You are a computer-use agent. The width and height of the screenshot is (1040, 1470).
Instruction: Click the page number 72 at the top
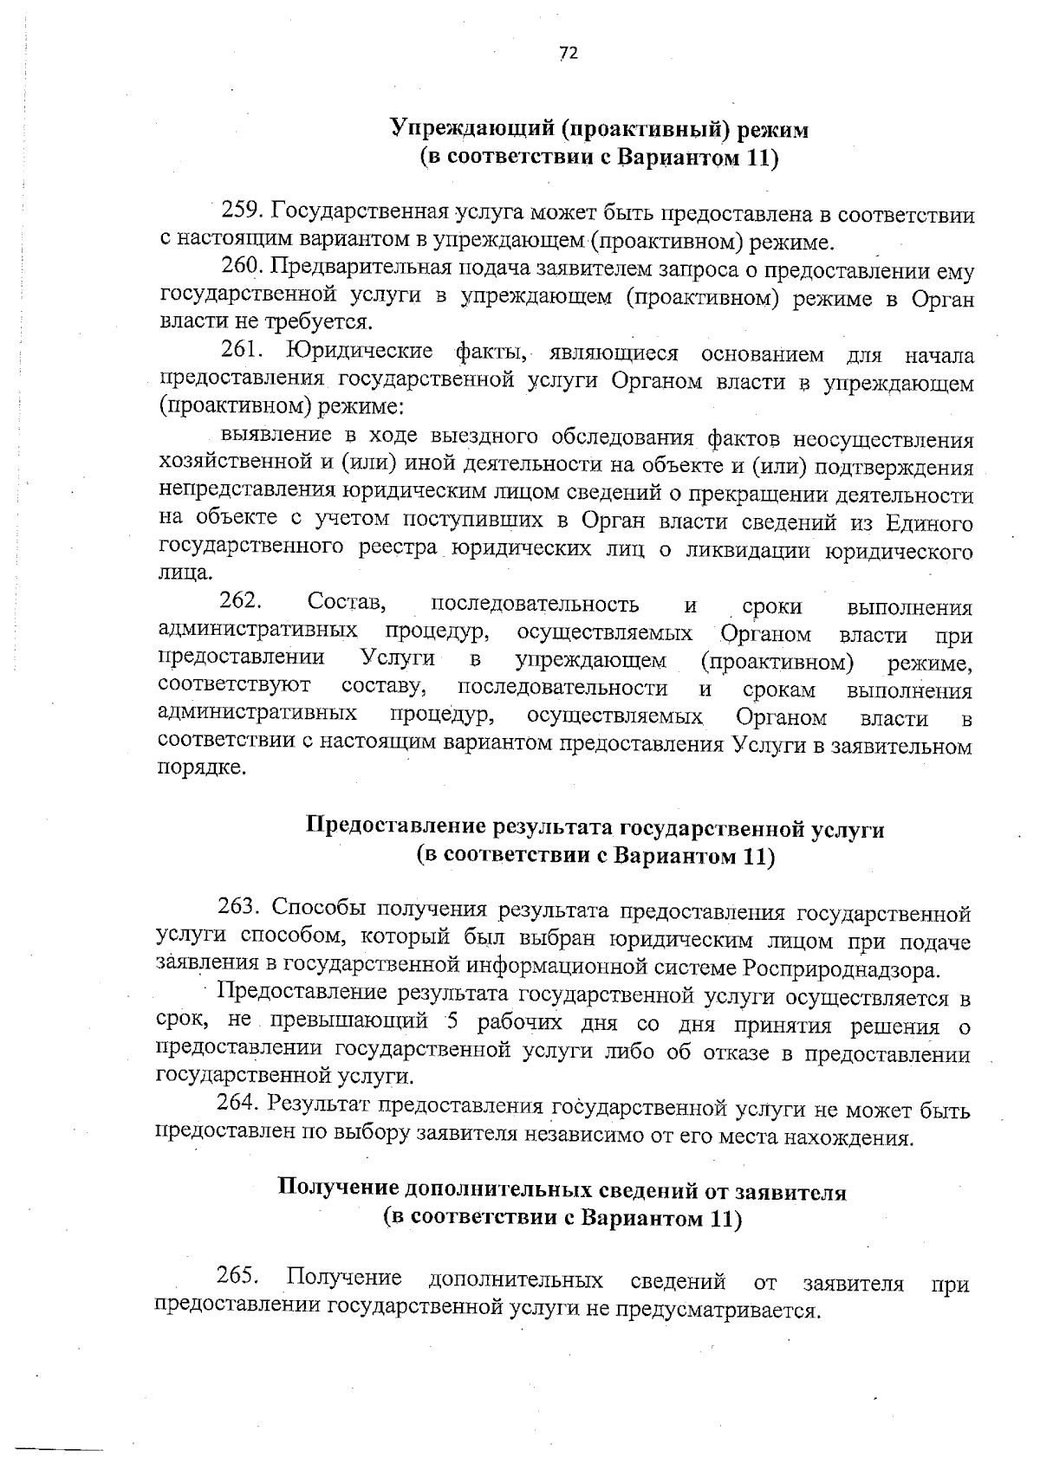568,54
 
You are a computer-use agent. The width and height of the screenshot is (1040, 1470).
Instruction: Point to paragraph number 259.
241,210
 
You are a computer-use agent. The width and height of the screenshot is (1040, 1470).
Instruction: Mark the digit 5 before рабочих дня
452,1023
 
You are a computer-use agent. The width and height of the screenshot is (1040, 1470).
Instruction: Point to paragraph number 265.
236,1278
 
